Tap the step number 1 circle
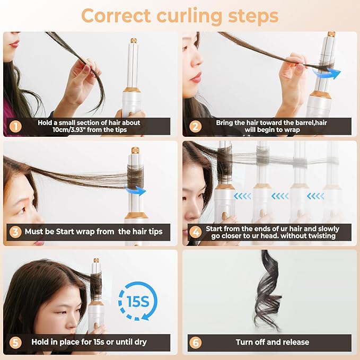pyautogui.click(x=16, y=126)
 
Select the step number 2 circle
pyautogui.click(x=196, y=126)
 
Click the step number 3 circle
pyautogui.click(x=16, y=232)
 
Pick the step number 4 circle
pyautogui.click(x=196, y=232)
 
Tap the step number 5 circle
pyautogui.click(x=16, y=342)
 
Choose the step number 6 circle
pyautogui.click(x=196, y=342)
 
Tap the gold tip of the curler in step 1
pyautogui.click(x=133, y=40)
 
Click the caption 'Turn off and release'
pyautogui.click(x=274, y=342)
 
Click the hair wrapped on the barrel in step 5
pyautogui.click(x=95, y=285)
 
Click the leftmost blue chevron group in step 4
pyautogui.click(x=243, y=196)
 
